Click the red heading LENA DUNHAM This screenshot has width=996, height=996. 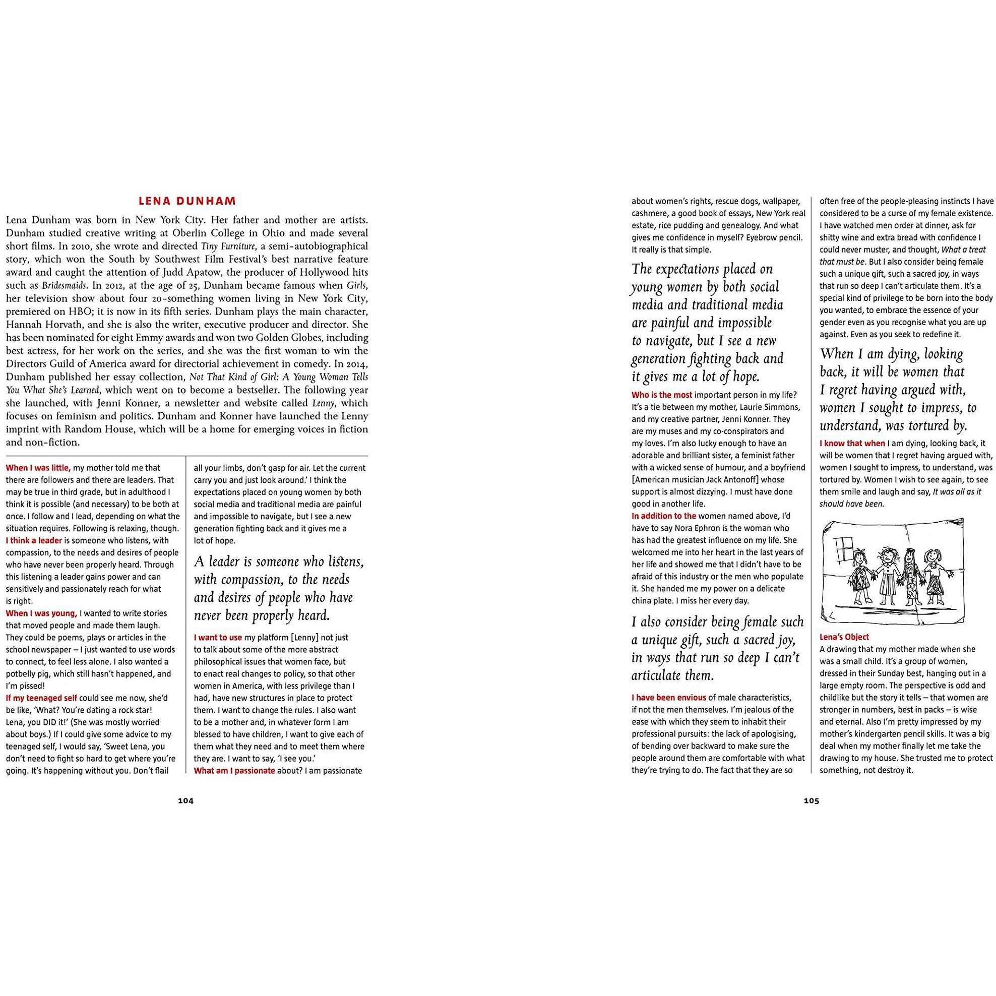(x=187, y=201)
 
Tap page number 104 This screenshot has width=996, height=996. (x=185, y=800)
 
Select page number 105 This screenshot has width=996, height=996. (x=811, y=800)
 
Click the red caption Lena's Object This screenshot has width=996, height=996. (x=844, y=637)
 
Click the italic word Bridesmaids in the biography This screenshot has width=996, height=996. (x=64, y=285)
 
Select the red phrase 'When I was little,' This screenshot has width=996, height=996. (x=38, y=468)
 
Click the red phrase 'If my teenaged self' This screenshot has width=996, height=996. (x=41, y=698)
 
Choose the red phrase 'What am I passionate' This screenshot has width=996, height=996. (x=234, y=771)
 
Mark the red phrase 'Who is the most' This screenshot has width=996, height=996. (x=661, y=395)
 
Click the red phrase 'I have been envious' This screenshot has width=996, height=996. (x=669, y=698)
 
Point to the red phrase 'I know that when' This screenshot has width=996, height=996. (x=852, y=443)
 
